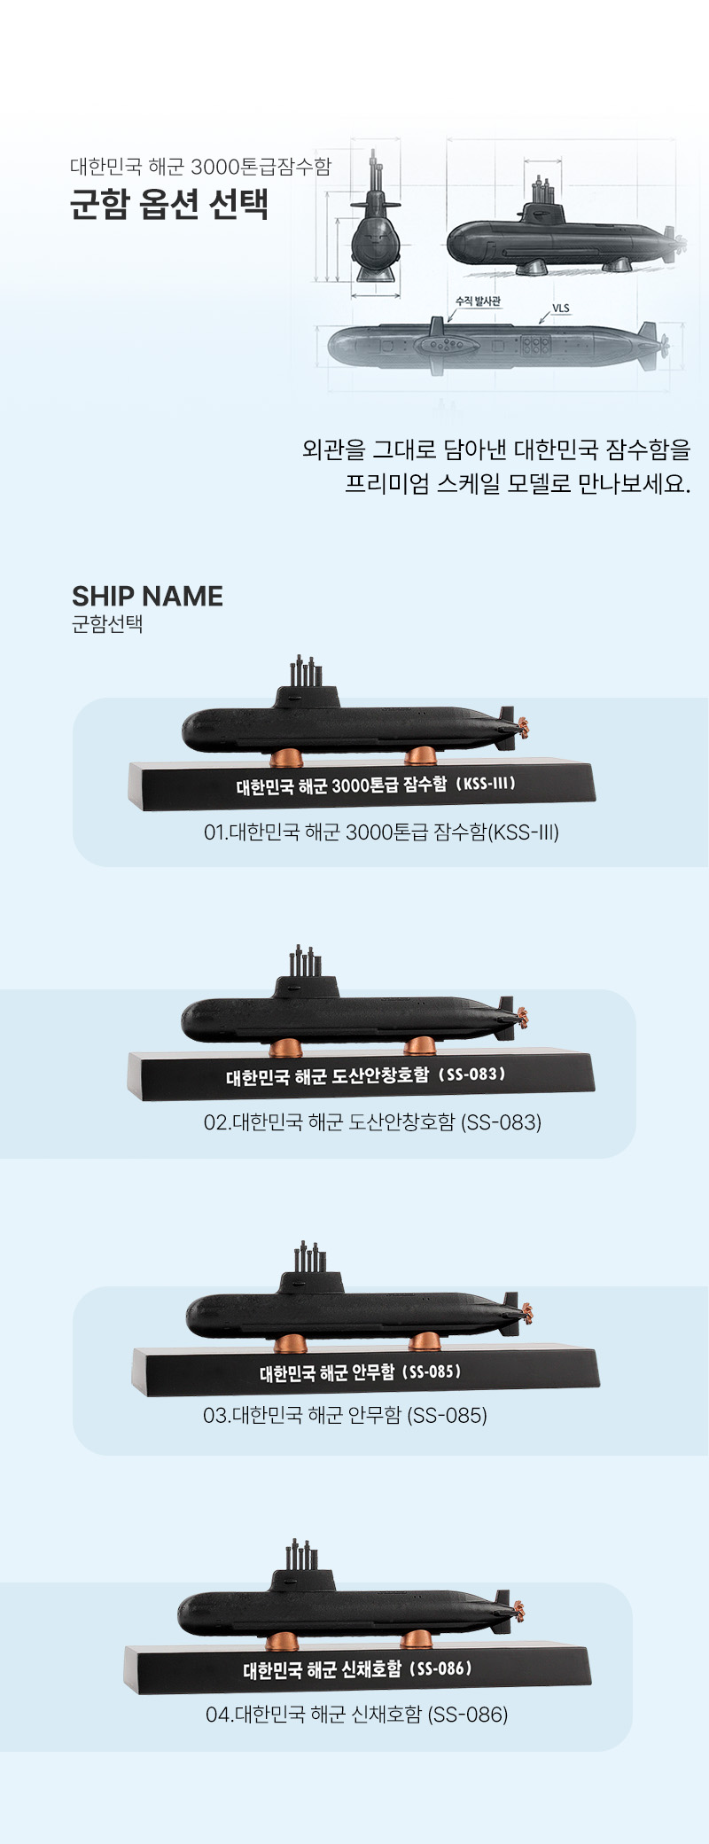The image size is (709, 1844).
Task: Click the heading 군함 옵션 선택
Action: point(168,205)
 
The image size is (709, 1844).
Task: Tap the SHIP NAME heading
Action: point(147,596)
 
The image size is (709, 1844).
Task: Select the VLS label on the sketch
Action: point(561,309)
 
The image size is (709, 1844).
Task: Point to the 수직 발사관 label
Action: point(479,301)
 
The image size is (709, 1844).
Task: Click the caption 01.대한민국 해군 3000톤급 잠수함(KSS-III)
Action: point(381,832)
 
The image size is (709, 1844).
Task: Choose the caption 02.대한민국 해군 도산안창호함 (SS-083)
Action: point(372,1122)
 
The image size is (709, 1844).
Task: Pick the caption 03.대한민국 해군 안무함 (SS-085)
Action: point(345,1415)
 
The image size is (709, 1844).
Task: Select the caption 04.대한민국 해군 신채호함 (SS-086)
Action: point(356,1715)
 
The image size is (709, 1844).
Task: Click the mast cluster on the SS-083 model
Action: point(305,961)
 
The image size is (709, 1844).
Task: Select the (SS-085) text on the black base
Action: point(432,1371)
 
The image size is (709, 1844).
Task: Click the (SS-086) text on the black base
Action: point(441,1668)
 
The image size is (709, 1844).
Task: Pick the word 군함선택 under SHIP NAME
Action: point(107,624)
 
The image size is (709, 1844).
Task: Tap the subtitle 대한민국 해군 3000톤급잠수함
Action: point(200,167)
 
